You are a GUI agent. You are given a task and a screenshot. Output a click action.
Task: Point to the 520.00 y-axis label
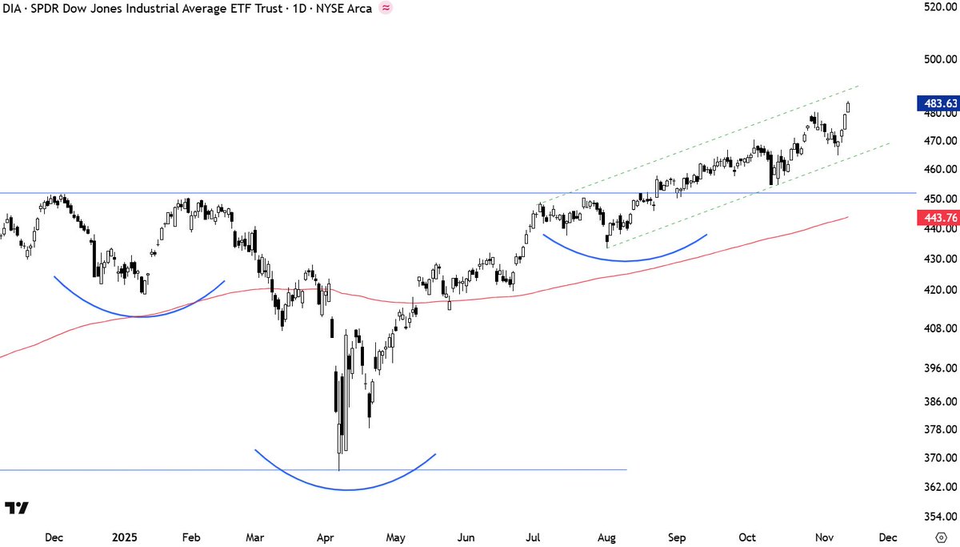tap(940, 7)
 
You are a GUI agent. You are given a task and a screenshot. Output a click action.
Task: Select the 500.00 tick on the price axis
tap(940, 58)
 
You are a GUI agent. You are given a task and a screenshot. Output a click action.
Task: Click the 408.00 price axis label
tap(940, 328)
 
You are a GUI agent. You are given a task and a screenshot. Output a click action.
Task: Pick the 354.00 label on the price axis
tap(940, 517)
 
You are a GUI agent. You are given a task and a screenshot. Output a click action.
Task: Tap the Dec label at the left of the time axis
tap(55, 537)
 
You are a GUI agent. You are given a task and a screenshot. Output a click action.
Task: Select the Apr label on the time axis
tap(325, 537)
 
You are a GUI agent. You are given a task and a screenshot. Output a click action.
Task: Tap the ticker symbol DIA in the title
tap(15, 9)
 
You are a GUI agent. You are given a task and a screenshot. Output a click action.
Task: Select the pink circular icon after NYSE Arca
tap(386, 9)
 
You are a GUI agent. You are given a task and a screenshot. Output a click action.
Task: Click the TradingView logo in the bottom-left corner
tap(17, 508)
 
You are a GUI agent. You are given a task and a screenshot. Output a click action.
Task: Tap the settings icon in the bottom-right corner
tap(941, 537)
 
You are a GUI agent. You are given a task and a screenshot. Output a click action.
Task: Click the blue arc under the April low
tap(346, 489)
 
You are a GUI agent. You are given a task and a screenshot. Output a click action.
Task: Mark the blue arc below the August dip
tap(625, 261)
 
